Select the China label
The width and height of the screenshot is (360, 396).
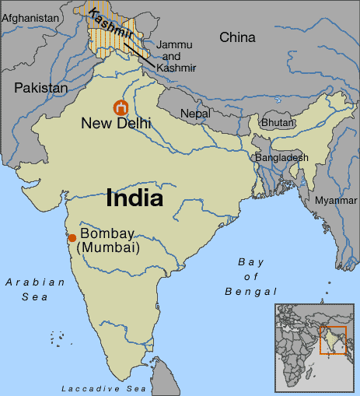[x=237, y=37]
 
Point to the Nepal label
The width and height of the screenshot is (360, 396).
[x=195, y=114]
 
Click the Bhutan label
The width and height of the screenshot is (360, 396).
[x=277, y=123]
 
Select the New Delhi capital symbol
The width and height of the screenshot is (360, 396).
[x=121, y=107]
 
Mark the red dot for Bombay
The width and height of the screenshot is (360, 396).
[x=72, y=238]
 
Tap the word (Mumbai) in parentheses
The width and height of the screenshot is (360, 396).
[x=113, y=249]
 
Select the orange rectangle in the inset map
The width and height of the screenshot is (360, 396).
[x=333, y=340]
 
